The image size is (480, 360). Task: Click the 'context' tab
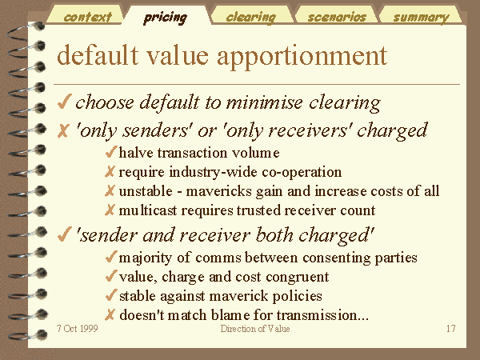(87, 17)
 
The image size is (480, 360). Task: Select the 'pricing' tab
(165, 18)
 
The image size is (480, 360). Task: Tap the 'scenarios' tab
(337, 17)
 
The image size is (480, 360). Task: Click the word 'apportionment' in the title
(302, 56)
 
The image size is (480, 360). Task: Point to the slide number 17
(451, 329)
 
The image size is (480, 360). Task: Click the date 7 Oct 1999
(78, 329)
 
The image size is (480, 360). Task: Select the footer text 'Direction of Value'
(255, 329)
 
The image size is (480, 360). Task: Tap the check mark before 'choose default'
(64, 102)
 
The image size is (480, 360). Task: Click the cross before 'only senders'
(63, 130)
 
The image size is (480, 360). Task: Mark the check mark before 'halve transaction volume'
(111, 152)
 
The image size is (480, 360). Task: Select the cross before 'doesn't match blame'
(110, 314)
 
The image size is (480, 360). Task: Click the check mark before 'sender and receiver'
(64, 234)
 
